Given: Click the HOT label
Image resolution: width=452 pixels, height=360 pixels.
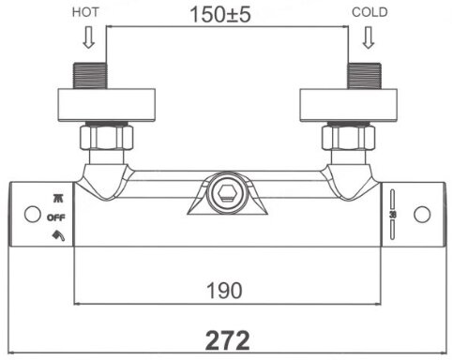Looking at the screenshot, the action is click(x=85, y=12).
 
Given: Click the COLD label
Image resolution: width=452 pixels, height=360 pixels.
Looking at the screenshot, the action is click(x=369, y=12).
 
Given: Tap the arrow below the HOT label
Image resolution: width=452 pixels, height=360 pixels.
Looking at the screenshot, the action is click(x=89, y=37).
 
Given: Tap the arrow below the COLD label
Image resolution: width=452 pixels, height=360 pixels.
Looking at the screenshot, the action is click(x=369, y=37).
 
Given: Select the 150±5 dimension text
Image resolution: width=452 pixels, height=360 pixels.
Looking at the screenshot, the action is click(x=220, y=14).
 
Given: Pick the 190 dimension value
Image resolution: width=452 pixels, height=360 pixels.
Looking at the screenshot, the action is click(x=224, y=291).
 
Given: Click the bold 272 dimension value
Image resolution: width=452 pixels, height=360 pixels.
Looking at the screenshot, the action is click(x=227, y=340).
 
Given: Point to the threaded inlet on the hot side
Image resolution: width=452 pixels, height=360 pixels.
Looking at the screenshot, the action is click(x=90, y=76).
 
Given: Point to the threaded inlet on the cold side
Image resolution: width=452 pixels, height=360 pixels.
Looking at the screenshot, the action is click(x=365, y=76).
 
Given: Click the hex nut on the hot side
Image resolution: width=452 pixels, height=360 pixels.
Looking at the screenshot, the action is click(x=107, y=137).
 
